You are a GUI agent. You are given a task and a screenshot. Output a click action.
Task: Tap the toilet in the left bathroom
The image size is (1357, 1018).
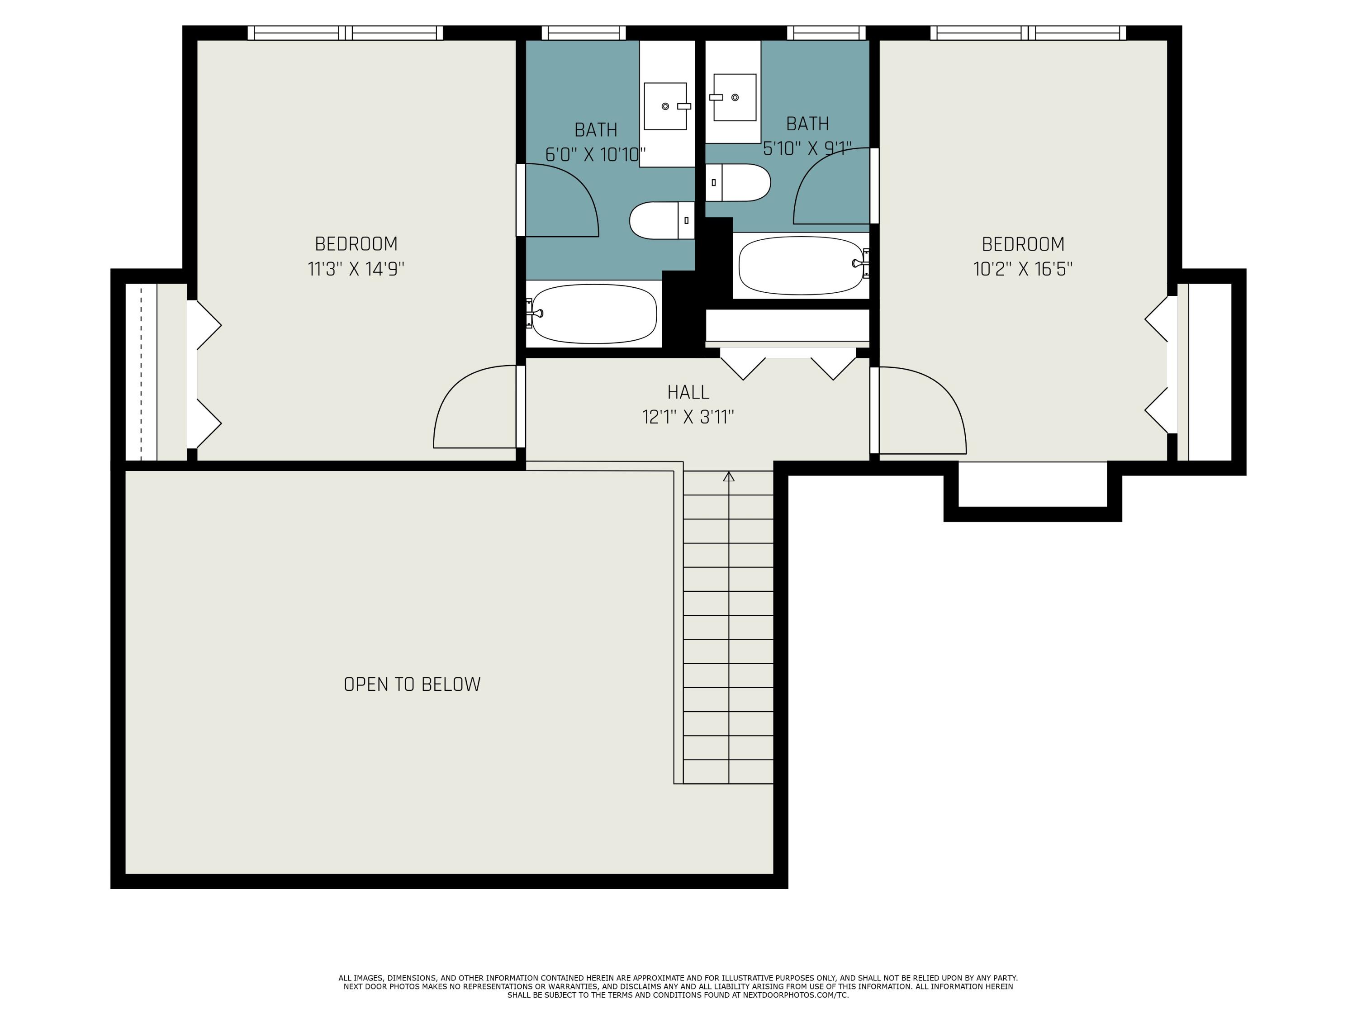(662, 220)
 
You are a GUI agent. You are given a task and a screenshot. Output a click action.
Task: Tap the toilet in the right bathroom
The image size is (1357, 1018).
(738, 182)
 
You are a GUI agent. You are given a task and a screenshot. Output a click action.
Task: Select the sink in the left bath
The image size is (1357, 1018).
(665, 106)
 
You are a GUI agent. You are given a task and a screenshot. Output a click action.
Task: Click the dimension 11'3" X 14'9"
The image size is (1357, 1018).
(356, 269)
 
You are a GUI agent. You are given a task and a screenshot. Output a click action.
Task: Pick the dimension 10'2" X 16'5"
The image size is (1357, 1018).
(1023, 269)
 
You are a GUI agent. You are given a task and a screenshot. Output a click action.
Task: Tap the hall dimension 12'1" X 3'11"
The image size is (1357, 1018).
(688, 417)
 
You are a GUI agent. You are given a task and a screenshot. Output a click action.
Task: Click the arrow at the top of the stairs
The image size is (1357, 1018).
(729, 476)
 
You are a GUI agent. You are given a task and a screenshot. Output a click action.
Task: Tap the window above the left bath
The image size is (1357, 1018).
(584, 33)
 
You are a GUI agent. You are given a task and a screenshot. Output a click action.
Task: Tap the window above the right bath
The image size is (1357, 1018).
(826, 33)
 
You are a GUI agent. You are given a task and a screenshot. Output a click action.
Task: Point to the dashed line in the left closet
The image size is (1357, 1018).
(141, 372)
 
